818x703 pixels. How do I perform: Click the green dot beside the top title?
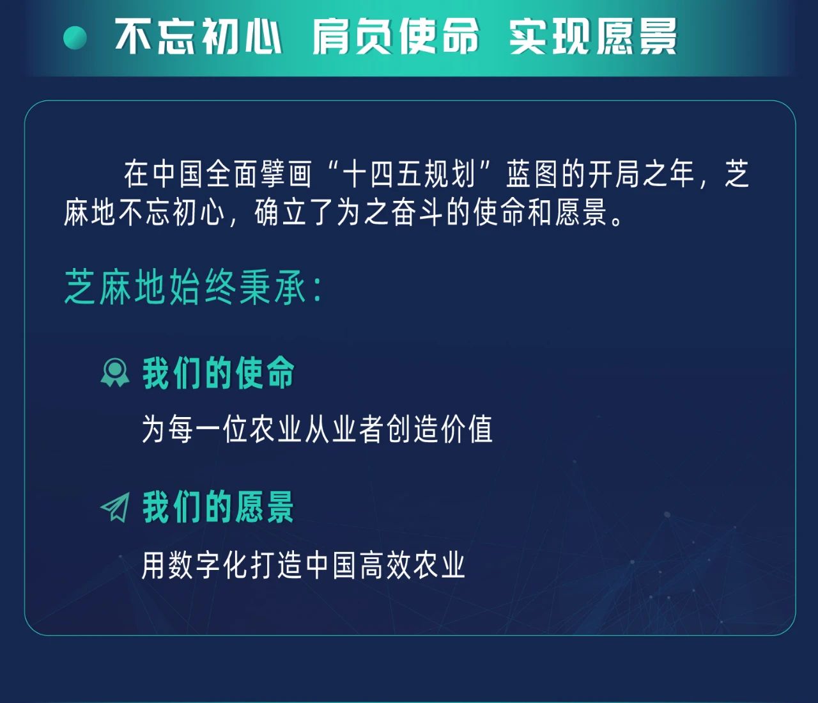point(75,38)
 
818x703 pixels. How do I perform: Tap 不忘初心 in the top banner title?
point(198,36)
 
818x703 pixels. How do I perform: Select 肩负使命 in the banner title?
point(396,36)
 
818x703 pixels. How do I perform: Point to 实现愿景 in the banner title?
point(593,36)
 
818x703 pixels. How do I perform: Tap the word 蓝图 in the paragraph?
point(533,174)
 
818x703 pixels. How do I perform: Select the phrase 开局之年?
point(642,174)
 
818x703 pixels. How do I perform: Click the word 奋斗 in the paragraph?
point(417,212)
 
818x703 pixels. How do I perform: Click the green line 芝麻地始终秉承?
point(186,287)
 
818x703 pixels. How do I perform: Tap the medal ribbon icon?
point(115,372)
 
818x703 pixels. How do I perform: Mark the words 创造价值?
point(440,429)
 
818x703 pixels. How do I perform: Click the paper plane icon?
point(115,507)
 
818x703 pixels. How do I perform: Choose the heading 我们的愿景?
point(219,507)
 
